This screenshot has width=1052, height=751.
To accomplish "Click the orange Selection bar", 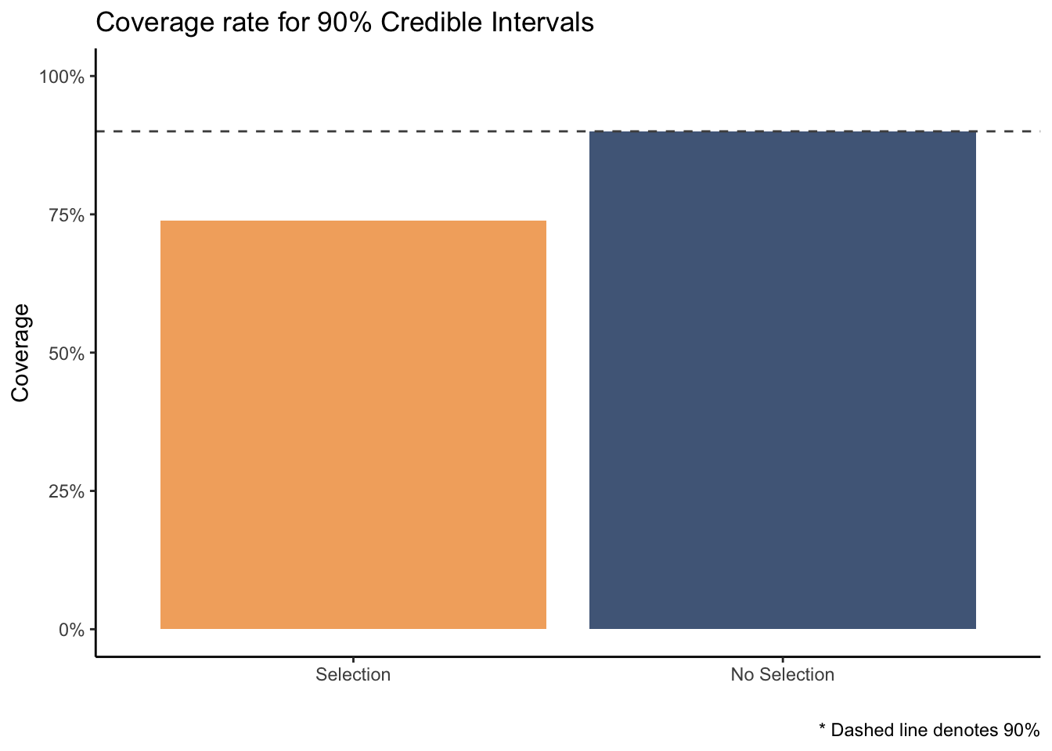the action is [353, 425].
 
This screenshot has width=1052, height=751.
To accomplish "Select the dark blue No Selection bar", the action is [783, 380].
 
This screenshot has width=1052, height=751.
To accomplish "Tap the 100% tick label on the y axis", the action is [62, 77].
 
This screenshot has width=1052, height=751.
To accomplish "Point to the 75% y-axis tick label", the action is [67, 215].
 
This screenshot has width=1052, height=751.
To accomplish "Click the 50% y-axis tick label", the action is [67, 354].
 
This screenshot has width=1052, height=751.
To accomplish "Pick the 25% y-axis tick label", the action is [67, 491].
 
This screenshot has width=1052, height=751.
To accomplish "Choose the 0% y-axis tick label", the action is [72, 630].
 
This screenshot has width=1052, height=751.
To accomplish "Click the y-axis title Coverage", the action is [20, 353].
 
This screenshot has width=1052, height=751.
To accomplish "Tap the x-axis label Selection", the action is [353, 675].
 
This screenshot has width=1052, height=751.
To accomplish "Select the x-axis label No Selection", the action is [783, 675].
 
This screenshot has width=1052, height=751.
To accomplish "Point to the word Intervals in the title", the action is [542, 22].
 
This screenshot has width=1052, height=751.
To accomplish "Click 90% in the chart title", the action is [344, 22].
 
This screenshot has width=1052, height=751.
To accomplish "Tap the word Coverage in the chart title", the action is [155, 23].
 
